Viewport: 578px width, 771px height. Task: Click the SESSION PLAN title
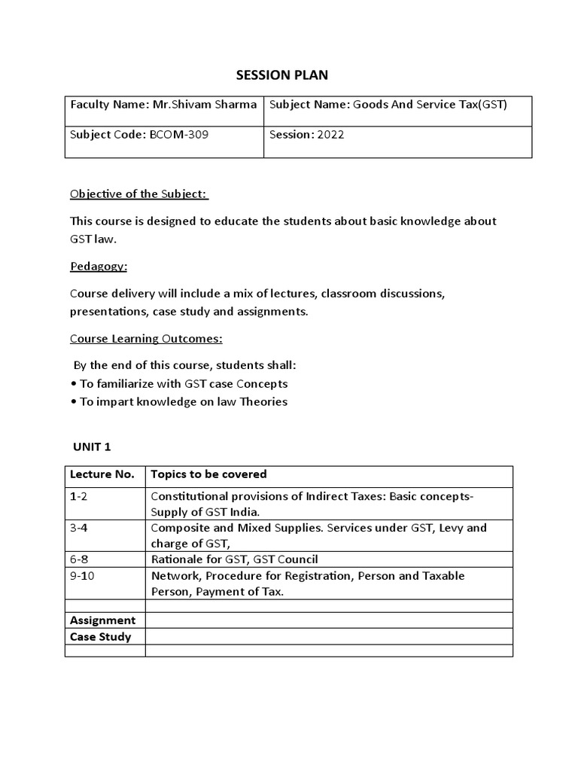282,75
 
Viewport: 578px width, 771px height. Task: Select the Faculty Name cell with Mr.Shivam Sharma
163,104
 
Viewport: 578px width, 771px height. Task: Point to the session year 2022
306,135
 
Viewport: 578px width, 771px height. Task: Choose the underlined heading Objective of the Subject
139,194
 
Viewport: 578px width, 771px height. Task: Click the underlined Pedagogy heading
99,267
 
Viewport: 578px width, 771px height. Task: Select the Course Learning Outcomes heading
146,339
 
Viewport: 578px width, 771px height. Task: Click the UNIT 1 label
92,446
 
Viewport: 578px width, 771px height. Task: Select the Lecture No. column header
102,474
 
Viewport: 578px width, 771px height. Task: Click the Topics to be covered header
208,474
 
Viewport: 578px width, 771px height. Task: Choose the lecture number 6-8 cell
79,559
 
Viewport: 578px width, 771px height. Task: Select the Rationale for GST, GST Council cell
234,559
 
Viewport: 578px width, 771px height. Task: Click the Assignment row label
102,620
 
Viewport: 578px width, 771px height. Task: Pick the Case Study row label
100,637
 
